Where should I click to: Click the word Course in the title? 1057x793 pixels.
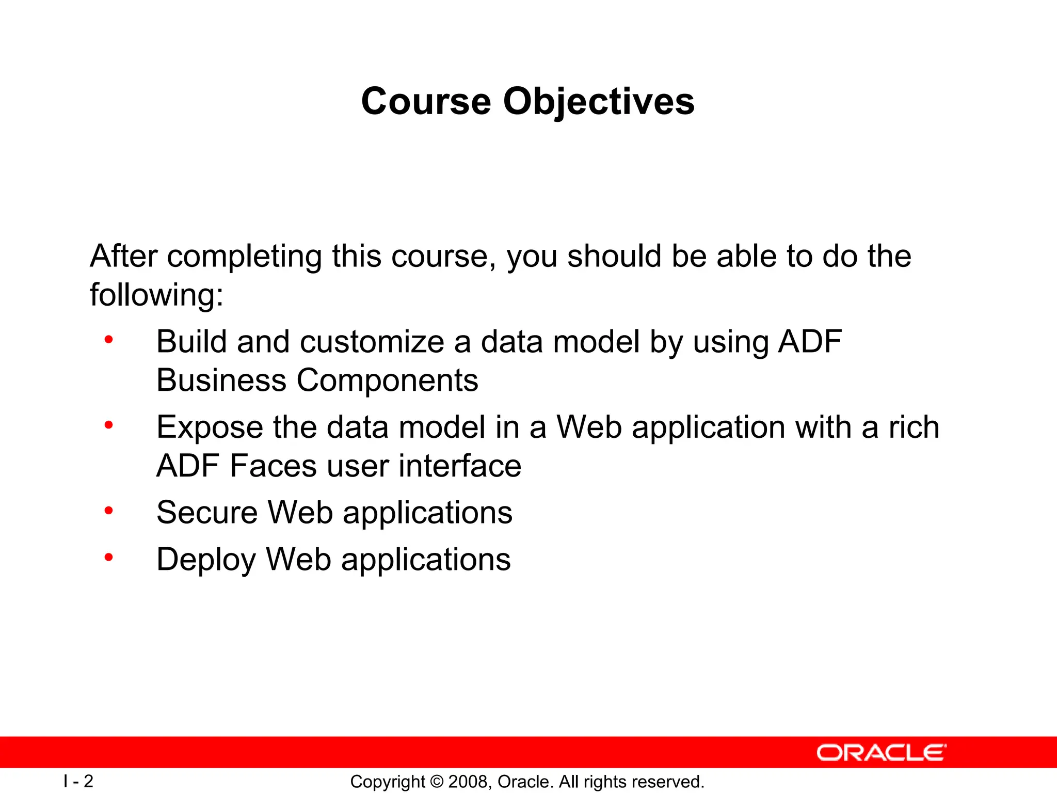426,101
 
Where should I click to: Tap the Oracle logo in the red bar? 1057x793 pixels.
882,753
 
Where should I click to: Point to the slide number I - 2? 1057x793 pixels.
78,781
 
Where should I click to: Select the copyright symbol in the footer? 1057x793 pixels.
437,782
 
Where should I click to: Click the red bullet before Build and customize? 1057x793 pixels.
108,340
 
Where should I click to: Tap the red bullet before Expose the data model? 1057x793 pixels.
108,425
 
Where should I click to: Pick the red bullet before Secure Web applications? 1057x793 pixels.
108,511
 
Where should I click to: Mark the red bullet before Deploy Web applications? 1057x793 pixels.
108,558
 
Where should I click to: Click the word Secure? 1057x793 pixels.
207,513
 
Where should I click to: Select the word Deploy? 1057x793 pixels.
206,560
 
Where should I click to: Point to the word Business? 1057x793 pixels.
221,380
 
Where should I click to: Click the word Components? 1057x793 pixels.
387,382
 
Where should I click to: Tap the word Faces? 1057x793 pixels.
273,466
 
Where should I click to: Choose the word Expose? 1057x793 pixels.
210,428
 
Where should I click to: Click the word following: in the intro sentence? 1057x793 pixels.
157,295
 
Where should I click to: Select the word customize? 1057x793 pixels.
372,342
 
